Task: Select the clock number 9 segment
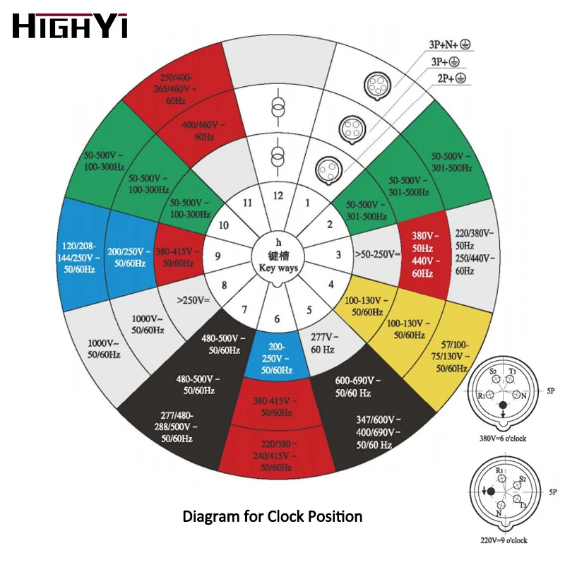(218, 256)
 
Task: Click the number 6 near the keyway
(277, 319)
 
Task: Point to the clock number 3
(338, 256)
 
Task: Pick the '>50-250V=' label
(377, 254)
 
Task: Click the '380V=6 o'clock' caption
(501, 436)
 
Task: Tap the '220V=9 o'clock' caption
(501, 541)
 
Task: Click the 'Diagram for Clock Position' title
(273, 516)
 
